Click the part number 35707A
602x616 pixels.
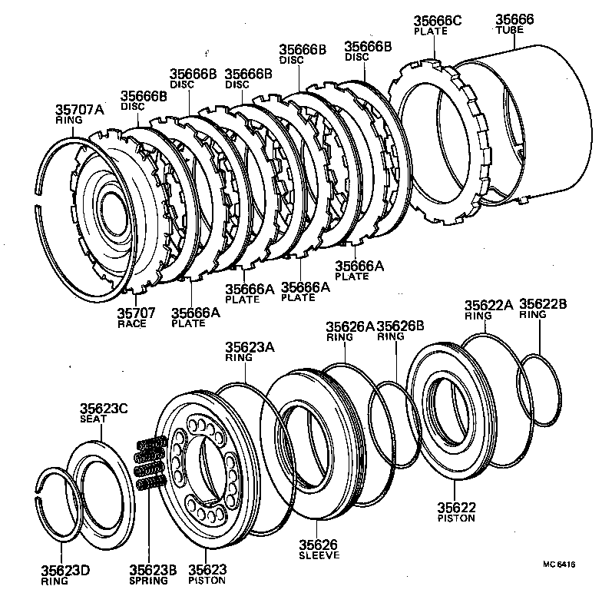79,110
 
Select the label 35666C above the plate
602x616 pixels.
438,21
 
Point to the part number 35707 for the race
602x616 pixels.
136,313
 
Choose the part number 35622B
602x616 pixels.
543,304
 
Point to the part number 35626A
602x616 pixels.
349,326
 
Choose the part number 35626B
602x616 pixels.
401,326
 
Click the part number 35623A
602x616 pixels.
250,347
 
